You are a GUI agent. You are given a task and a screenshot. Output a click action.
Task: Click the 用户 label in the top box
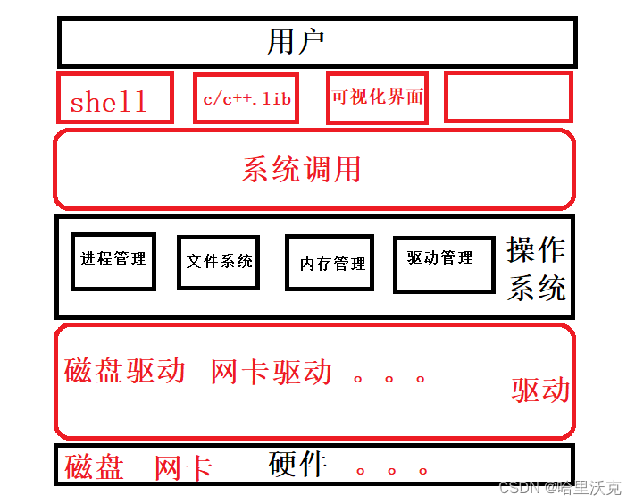coord(295,41)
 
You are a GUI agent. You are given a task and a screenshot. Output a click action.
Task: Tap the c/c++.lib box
coord(246,97)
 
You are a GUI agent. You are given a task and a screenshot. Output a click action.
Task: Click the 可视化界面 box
coord(377,97)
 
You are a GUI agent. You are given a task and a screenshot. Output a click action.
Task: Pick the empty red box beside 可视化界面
coord(507,97)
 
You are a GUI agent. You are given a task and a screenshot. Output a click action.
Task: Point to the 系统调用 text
coord(302,169)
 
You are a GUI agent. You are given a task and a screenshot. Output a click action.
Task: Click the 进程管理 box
coord(113,260)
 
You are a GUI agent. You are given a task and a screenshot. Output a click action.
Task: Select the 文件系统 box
coord(219,262)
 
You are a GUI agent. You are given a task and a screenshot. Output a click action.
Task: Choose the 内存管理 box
coord(330,264)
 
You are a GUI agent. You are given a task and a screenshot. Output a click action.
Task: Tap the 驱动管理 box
coord(443,263)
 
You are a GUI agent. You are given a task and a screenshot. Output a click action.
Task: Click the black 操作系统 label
coord(536,269)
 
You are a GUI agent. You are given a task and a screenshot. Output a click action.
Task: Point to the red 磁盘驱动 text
coord(125,371)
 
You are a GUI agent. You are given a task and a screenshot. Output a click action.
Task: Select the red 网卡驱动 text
coord(272,372)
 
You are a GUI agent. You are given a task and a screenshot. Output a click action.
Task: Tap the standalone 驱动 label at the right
coord(540,391)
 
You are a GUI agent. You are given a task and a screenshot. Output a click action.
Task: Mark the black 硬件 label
coord(298,464)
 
